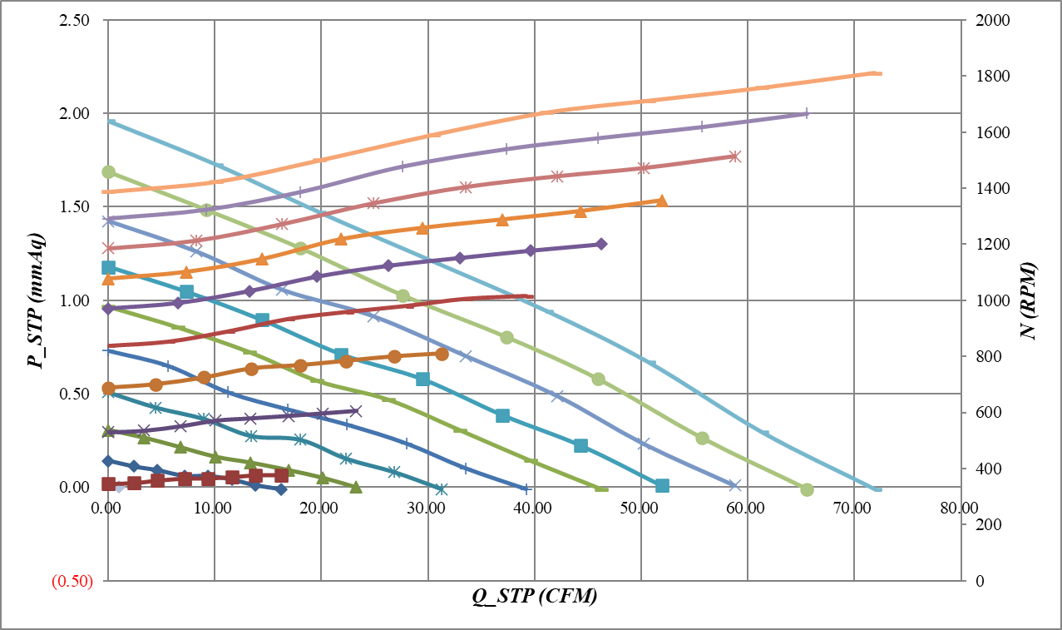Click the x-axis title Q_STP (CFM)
[x=535, y=597]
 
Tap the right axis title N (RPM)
[x=1028, y=300]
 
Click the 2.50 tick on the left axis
[x=76, y=20]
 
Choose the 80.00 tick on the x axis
[x=958, y=507]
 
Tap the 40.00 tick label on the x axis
[x=534, y=507]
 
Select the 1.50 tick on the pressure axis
[x=76, y=206]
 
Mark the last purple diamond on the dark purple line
[x=601, y=244]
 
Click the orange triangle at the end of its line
[x=662, y=201]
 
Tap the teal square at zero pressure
[x=662, y=486]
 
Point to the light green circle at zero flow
[x=108, y=171]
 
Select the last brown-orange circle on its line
[x=442, y=354]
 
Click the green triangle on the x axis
[x=356, y=487]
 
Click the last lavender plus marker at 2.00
[x=805, y=113]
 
